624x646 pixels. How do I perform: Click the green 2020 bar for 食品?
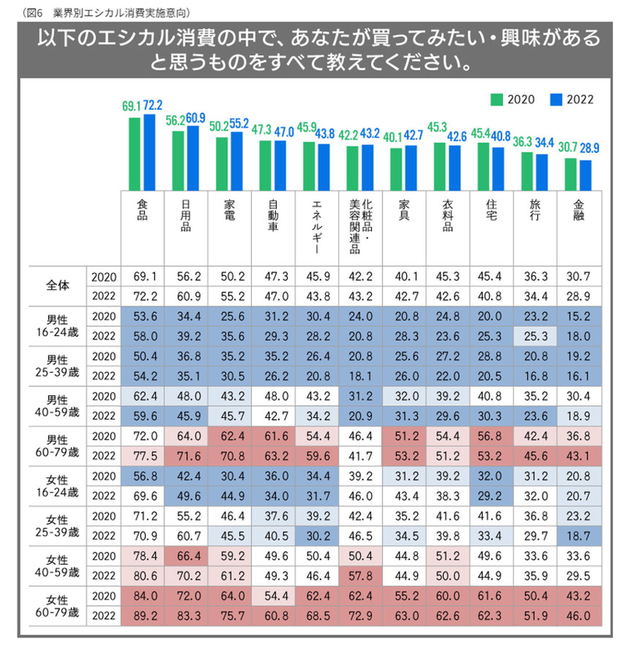[134, 154]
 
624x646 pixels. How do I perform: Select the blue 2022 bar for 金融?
[585, 175]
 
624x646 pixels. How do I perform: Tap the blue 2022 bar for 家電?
[237, 161]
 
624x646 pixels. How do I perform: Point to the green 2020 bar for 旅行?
[527, 171]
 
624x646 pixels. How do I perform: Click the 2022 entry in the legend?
[572, 100]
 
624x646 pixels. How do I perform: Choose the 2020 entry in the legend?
[513, 100]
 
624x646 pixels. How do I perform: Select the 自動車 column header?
[273, 215]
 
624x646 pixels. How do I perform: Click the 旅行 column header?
[535, 210]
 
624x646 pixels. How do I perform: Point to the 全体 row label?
[58, 286]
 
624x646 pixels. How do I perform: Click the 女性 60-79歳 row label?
[57, 606]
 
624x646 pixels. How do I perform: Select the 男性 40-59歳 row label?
[57, 406]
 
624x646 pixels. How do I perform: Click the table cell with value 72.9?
[361, 616]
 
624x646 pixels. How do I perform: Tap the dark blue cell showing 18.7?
[578, 536]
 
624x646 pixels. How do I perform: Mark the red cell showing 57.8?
[361, 576]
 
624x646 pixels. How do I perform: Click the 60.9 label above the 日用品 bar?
[195, 118]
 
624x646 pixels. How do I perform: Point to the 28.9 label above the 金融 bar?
[589, 148]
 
